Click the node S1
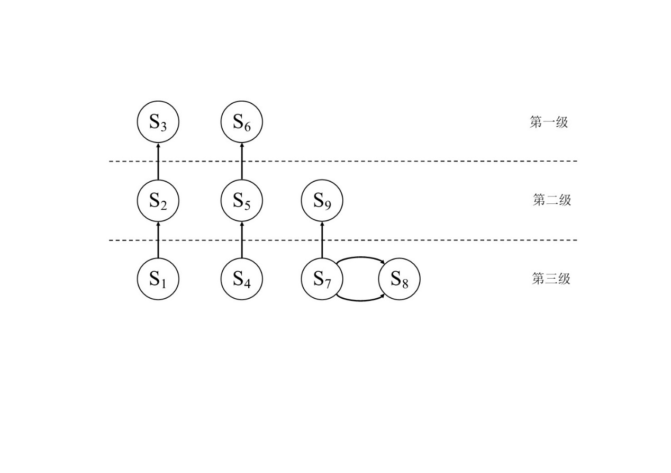pyautogui.click(x=158, y=279)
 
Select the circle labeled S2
pyautogui.click(x=158, y=201)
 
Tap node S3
pyautogui.click(x=158, y=122)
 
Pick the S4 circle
pyautogui.click(x=242, y=279)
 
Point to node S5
pyautogui.click(x=242, y=201)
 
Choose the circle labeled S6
pyautogui.click(x=242, y=122)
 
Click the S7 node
pyautogui.click(x=322, y=279)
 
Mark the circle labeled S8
pyautogui.click(x=400, y=279)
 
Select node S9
pyautogui.click(x=322, y=201)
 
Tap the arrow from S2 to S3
pyautogui.click(x=158, y=162)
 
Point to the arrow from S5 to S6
pyautogui.click(x=242, y=162)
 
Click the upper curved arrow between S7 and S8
pyautogui.click(x=361, y=257)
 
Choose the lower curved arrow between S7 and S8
pyautogui.click(x=361, y=300)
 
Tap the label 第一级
pyautogui.click(x=549, y=122)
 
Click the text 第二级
pyautogui.click(x=552, y=200)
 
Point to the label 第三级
pyautogui.click(x=551, y=279)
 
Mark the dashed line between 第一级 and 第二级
pyautogui.click(x=423, y=161)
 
